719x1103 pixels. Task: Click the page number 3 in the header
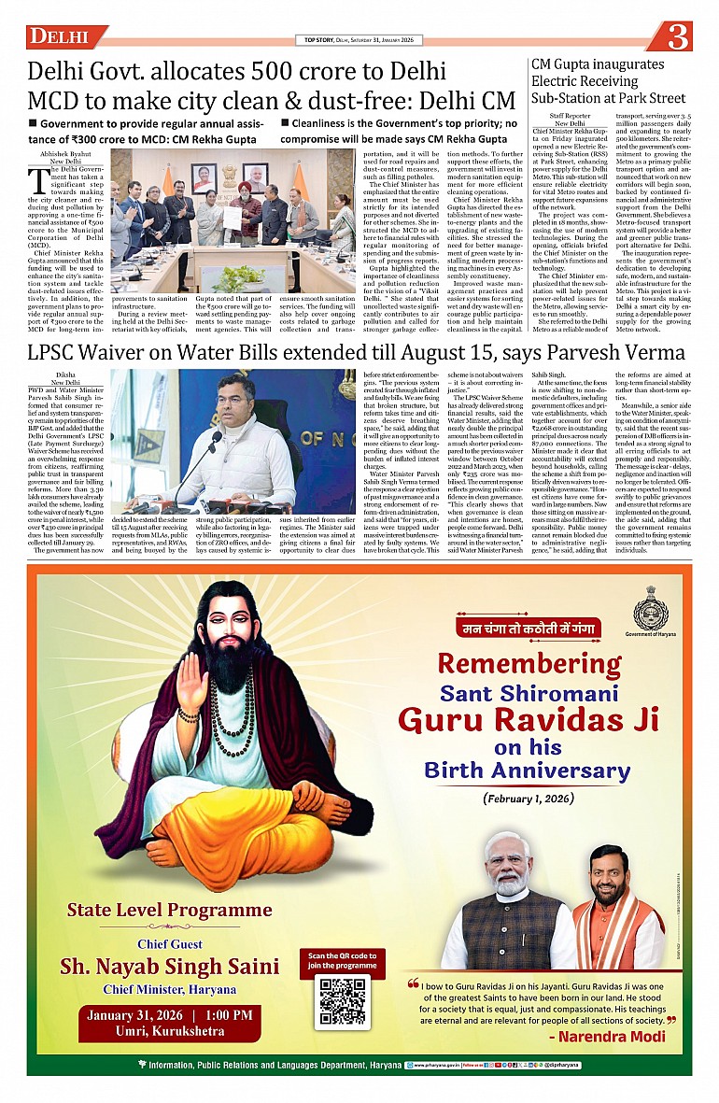680,36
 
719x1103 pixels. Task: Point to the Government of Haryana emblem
650,613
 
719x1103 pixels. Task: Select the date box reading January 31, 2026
169,1023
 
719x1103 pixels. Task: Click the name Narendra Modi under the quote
607,1037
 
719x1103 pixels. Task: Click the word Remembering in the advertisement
529,664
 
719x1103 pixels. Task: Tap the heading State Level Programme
169,910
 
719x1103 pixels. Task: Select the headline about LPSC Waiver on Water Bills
356,352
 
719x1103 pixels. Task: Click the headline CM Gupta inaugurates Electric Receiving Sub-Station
608,81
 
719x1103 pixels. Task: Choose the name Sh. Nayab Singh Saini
169,966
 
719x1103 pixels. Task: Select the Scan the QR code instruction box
342,961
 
